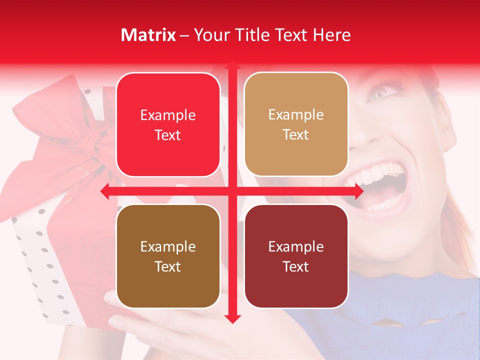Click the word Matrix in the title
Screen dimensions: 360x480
tap(148, 35)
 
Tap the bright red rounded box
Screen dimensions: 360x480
tap(168, 124)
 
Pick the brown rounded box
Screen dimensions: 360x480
tap(168, 256)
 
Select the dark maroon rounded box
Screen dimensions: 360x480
tap(296, 256)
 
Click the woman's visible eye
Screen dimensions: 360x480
tap(381, 92)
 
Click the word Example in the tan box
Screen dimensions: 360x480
tap(296, 114)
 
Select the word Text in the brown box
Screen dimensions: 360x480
tap(168, 266)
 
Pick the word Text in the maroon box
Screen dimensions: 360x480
tap(296, 266)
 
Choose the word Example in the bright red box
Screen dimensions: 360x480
tap(168, 115)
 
